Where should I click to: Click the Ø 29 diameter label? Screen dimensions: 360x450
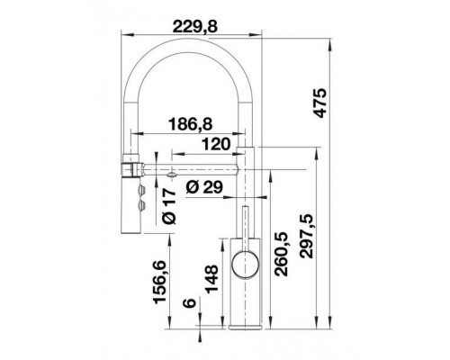[206, 188]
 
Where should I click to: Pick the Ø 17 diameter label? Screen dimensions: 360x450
[168, 205]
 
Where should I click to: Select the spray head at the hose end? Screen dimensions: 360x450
[130, 196]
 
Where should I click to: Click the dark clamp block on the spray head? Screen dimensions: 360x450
[130, 167]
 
